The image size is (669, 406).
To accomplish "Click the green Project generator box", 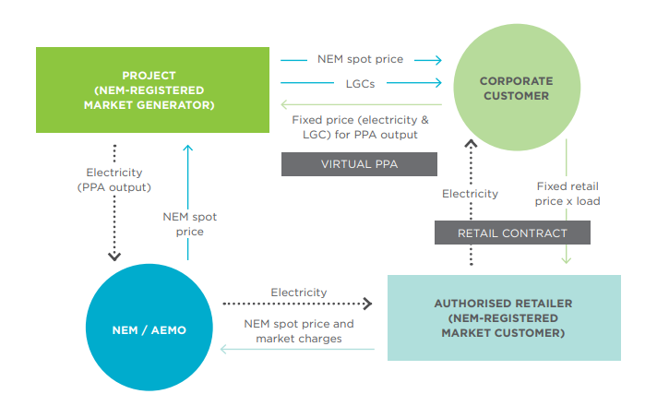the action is pos(152,90).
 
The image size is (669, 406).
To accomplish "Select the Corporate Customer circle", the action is pos(517,87).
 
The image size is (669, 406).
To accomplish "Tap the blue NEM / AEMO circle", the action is pos(149,327).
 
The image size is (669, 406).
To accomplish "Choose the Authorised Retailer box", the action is pos(504,317).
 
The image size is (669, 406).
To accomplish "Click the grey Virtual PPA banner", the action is pos(359,164).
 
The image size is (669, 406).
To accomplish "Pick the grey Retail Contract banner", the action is pos(512,233).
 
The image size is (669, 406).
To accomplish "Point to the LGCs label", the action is pos(360,84).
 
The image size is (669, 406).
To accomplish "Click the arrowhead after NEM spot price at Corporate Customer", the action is pos(438,60).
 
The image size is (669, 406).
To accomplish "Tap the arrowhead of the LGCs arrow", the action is pos(438,82).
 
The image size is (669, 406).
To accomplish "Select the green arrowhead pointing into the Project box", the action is pos(284,104).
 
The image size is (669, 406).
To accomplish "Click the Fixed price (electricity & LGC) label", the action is pos(360,127).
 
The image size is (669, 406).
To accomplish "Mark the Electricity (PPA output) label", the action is pos(113,180).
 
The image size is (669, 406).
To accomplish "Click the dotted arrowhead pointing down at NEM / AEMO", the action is pos(113,257).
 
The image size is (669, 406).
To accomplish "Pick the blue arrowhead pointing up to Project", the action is pos(187,148).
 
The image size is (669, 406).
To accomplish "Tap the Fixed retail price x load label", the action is pos(567,194).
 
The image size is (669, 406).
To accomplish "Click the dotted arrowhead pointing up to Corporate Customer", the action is pos(471,144).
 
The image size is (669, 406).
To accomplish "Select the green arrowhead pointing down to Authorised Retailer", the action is pos(567,259).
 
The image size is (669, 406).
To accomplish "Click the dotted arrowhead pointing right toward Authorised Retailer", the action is pos(368,304).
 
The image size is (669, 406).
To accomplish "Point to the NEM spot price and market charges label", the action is pos(299,331).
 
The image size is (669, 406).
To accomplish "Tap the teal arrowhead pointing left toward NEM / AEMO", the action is pos(224,350).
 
